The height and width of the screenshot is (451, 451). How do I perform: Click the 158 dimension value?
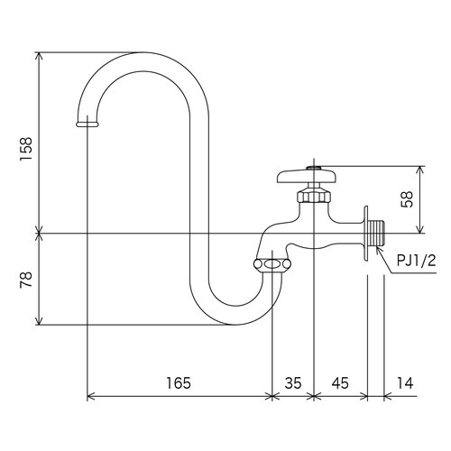(26, 149)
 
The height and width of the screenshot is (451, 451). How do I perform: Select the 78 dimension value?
(26, 280)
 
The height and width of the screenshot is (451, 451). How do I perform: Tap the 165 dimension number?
(179, 383)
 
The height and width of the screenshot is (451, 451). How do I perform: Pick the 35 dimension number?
(293, 383)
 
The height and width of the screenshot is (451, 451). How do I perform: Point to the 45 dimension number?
(340, 383)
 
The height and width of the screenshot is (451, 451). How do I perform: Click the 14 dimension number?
(405, 383)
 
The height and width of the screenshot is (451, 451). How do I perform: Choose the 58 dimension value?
(407, 199)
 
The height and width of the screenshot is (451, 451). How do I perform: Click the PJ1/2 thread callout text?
(416, 261)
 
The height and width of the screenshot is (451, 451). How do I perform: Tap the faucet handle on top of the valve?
(307, 176)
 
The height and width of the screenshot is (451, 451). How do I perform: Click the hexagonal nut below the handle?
(314, 195)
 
